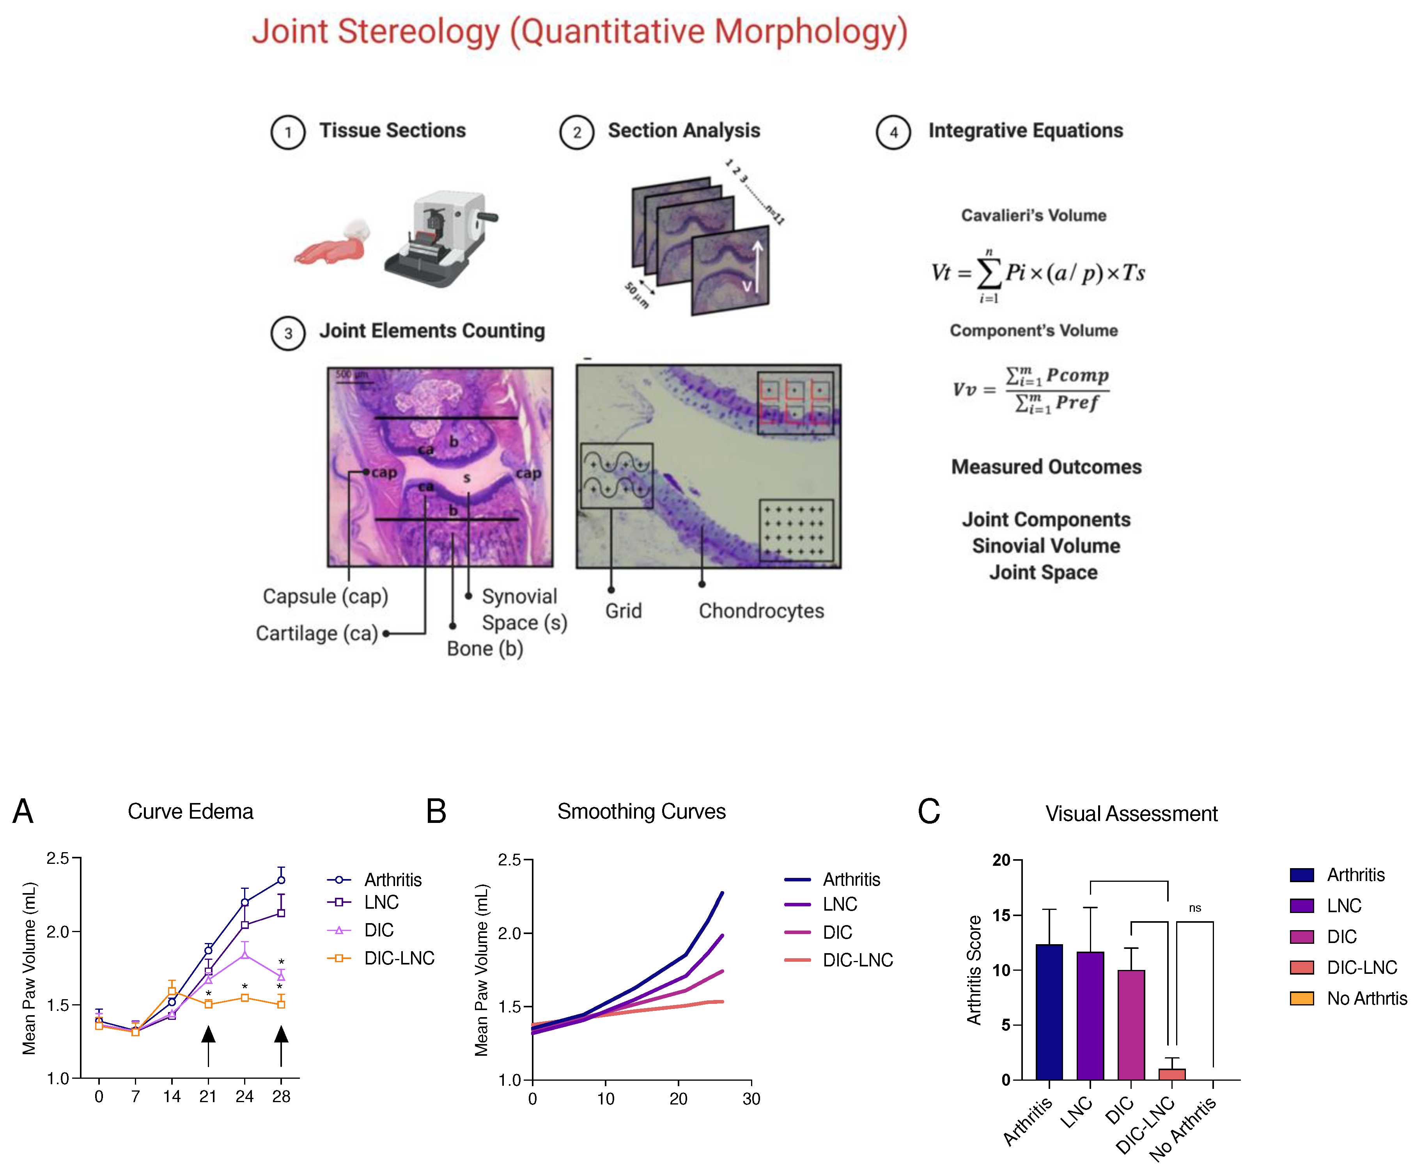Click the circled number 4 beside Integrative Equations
point(893,132)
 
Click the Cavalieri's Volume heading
point(1033,216)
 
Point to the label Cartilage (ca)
point(317,633)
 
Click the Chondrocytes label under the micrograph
point(761,610)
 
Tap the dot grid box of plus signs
point(796,531)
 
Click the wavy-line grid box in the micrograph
point(616,475)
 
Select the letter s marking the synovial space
point(467,478)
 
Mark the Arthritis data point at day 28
point(281,880)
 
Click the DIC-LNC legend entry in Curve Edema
point(399,958)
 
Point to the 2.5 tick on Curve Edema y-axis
point(58,858)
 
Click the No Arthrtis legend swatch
point(1302,998)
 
